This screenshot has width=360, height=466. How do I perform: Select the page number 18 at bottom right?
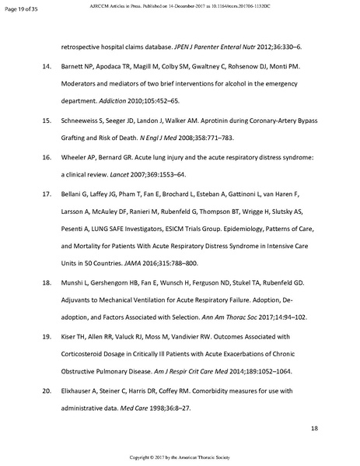314,429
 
